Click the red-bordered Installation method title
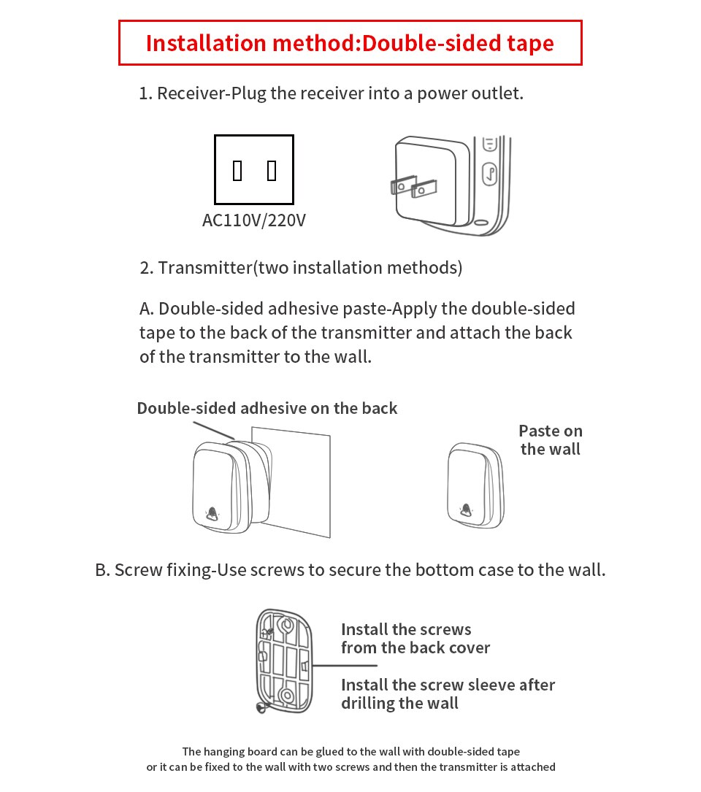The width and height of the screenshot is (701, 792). click(350, 43)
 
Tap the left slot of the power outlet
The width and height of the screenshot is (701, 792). click(237, 171)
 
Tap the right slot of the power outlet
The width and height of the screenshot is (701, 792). click(272, 171)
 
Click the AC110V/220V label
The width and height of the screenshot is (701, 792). click(253, 220)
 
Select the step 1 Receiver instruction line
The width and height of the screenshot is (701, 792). click(331, 93)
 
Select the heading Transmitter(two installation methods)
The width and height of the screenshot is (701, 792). click(301, 267)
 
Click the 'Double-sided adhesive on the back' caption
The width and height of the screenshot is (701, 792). click(267, 408)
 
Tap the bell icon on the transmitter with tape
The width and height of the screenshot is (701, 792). click(212, 513)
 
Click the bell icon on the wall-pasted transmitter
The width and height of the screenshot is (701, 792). click(464, 510)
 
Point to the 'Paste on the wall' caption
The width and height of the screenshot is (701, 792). click(551, 440)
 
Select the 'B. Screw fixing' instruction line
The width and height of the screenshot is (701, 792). click(350, 569)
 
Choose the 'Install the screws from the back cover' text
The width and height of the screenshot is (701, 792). click(415, 639)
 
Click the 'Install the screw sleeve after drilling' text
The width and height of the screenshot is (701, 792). click(448, 694)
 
